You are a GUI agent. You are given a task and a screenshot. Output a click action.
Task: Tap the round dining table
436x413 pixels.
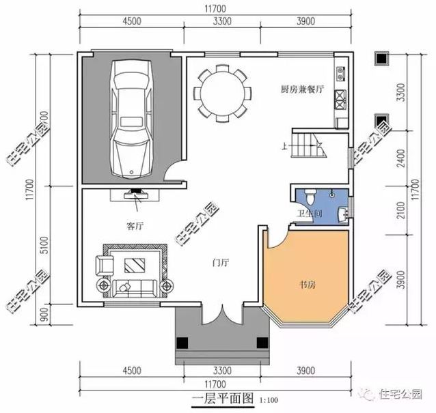tap(221, 92)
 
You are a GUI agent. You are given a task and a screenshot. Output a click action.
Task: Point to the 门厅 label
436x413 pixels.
tap(220, 261)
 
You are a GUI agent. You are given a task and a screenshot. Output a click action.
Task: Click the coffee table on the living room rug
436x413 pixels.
tap(134, 264)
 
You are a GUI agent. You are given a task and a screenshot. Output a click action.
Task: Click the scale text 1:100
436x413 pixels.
tap(268, 399)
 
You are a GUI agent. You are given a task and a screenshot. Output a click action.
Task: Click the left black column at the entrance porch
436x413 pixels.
tap(183, 343)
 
